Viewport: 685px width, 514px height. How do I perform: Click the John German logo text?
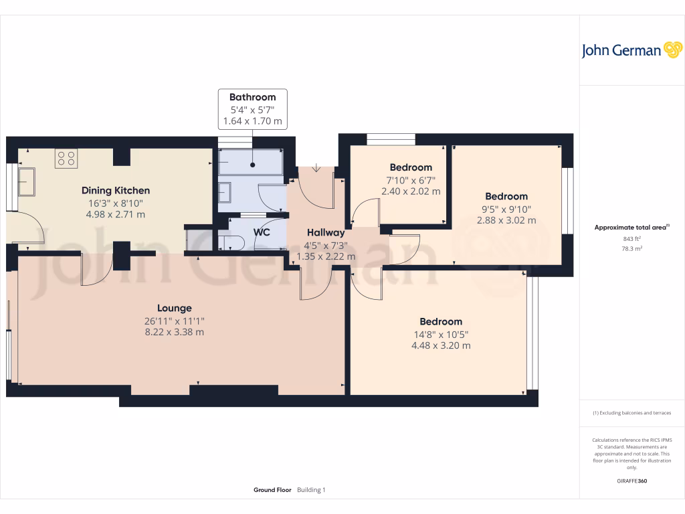point(621,50)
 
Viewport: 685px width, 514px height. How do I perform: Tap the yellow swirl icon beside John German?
point(672,50)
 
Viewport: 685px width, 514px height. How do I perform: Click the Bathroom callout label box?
point(252,109)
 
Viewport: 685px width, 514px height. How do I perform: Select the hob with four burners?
point(66,158)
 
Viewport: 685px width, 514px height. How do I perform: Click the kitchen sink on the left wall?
point(27,181)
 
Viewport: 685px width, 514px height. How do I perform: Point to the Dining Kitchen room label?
point(116,191)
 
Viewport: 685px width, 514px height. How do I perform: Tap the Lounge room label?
point(175,309)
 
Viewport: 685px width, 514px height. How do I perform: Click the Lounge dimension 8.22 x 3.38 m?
point(175,332)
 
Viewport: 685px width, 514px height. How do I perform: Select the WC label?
point(262,232)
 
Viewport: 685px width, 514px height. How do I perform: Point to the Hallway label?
point(325,232)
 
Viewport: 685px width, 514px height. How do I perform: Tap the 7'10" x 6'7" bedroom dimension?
point(411,179)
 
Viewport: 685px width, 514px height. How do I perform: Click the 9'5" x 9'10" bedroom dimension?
point(506,208)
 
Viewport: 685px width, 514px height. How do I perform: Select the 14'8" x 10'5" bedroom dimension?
point(441,334)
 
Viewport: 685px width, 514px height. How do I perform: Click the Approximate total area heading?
point(631,228)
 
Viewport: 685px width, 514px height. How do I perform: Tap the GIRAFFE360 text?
point(631,481)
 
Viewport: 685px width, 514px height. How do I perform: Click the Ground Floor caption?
point(272,490)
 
